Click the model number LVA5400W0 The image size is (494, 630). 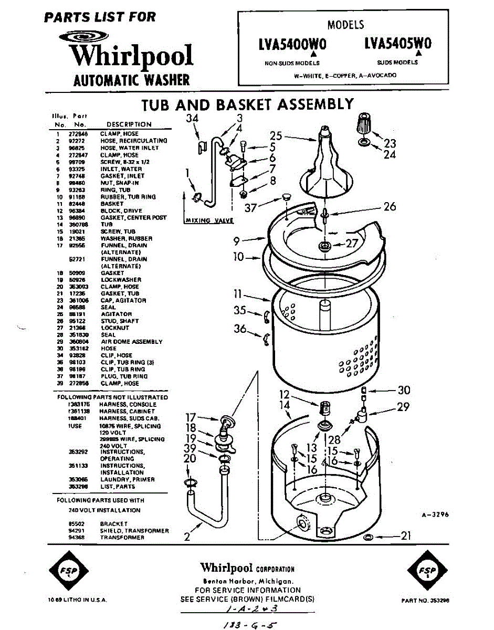pos(292,45)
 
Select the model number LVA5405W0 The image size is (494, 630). pos(397,44)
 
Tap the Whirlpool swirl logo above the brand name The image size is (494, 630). pos(83,37)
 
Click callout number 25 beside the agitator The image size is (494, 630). pos(276,136)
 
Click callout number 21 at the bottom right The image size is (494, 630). pos(405,536)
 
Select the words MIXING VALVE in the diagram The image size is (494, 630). pos(209,220)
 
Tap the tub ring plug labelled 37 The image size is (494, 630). pos(286,197)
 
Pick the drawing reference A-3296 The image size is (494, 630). pos(435,515)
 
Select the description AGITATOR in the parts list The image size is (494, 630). pos(116,314)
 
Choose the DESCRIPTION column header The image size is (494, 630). pos(129,124)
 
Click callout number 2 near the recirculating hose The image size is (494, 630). pos(187,537)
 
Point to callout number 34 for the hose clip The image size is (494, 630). pos(193,119)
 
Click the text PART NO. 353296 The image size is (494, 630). pos(425,600)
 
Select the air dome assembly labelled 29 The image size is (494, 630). pos(361,417)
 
